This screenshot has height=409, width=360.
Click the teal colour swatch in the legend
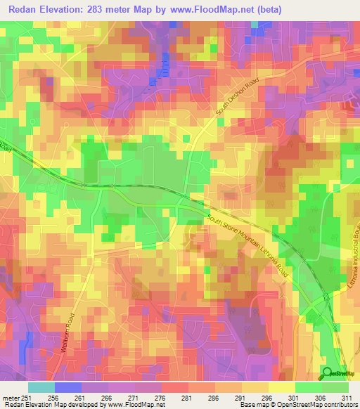point(41,387)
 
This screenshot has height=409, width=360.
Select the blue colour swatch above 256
point(68,387)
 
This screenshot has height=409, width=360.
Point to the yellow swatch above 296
point(282,387)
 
